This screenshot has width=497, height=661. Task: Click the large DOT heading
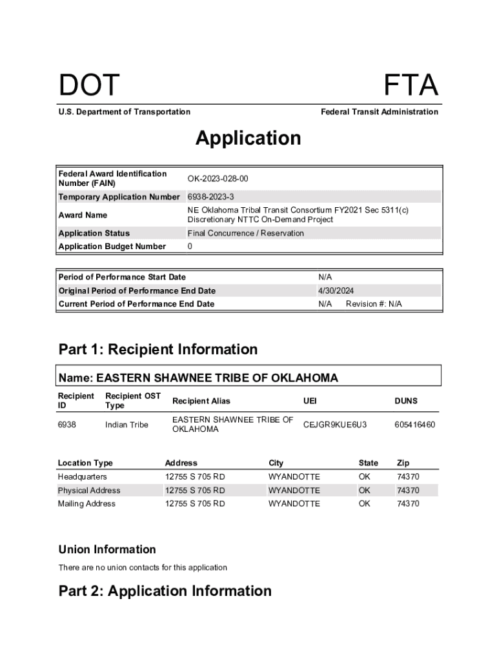pyautogui.click(x=89, y=86)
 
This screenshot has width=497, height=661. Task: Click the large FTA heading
pyautogui.click(x=411, y=86)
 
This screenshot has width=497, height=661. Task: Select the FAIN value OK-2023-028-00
pyautogui.click(x=218, y=178)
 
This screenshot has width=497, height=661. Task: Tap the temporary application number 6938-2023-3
pyautogui.click(x=210, y=196)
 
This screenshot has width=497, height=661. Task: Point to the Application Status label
pyautogui.click(x=94, y=233)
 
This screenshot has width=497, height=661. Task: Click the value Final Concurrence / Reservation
pyautogui.click(x=245, y=233)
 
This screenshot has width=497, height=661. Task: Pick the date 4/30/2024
pyautogui.click(x=336, y=290)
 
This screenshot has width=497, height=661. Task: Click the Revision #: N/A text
pyautogui.click(x=374, y=304)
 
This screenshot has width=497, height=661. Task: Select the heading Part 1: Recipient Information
pyautogui.click(x=158, y=350)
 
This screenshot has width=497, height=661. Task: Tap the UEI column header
pyautogui.click(x=310, y=401)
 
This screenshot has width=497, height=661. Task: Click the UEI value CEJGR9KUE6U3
pyautogui.click(x=335, y=425)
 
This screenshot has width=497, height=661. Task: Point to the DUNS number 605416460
pyautogui.click(x=415, y=425)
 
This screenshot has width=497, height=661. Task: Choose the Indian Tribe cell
pyautogui.click(x=127, y=425)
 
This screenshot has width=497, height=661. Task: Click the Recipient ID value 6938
pyautogui.click(x=67, y=425)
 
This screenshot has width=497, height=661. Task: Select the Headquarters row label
pyautogui.click(x=83, y=476)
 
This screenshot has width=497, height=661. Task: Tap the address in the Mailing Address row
pyautogui.click(x=195, y=503)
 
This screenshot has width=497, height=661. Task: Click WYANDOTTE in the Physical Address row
pyautogui.click(x=294, y=490)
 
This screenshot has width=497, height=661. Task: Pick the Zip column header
pyautogui.click(x=403, y=463)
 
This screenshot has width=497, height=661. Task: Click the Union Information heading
pyautogui.click(x=107, y=549)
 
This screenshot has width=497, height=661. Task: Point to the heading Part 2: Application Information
pyautogui.click(x=165, y=591)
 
